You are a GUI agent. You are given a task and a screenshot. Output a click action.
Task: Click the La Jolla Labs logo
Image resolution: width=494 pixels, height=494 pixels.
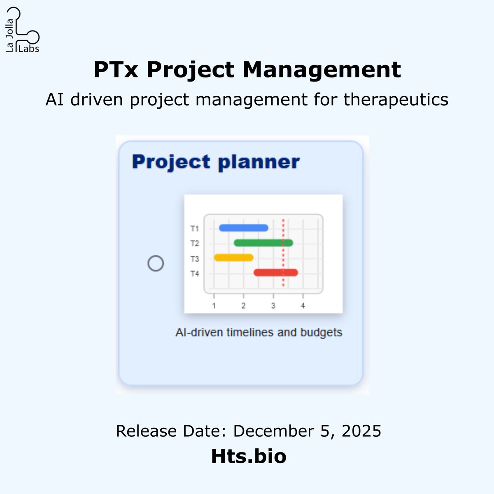pyautogui.click(x=23, y=31)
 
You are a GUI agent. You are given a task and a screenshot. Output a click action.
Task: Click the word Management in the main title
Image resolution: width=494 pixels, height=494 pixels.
pyautogui.click(x=322, y=70)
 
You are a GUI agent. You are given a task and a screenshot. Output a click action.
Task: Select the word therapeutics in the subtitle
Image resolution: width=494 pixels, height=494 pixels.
pyautogui.click(x=396, y=100)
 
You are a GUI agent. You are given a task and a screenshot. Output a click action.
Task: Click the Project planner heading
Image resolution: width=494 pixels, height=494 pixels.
pyautogui.click(x=216, y=162)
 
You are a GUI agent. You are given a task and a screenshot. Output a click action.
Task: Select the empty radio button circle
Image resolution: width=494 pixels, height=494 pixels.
pyautogui.click(x=156, y=263)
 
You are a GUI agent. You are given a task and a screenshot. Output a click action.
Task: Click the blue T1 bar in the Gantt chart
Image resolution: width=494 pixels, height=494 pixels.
pyautogui.click(x=244, y=228)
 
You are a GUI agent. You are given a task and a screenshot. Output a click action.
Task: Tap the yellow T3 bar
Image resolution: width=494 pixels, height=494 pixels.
pyautogui.click(x=233, y=258)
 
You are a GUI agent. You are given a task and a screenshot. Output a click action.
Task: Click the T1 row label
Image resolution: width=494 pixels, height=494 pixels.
pyautogui.click(x=195, y=228)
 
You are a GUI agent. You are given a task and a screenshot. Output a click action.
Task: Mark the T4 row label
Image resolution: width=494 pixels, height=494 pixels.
pyautogui.click(x=195, y=274)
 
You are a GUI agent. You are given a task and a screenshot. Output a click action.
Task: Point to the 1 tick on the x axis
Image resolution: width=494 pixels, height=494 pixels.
pyautogui.click(x=214, y=306)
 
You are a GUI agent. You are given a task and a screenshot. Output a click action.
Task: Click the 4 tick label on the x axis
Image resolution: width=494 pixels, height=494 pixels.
pyautogui.click(x=303, y=306)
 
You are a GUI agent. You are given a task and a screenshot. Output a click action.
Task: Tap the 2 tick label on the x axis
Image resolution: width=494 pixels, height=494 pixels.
pyautogui.click(x=244, y=306)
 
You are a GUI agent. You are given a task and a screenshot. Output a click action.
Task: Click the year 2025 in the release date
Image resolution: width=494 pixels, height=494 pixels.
pyautogui.click(x=361, y=431)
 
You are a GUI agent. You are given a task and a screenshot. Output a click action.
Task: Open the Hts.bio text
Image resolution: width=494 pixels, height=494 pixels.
pyautogui.click(x=249, y=456)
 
